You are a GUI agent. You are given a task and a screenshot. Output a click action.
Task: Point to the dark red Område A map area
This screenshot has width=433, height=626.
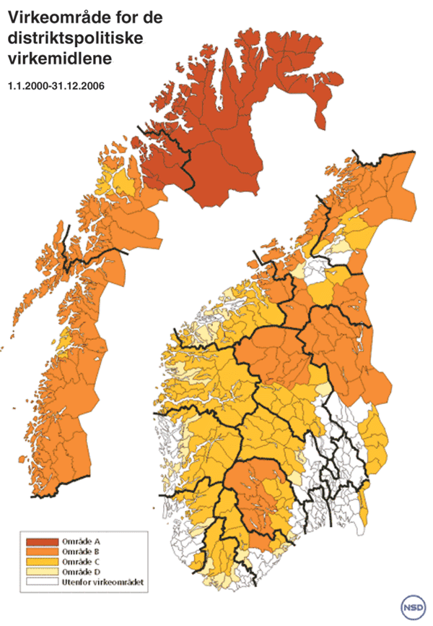[x=231, y=137]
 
